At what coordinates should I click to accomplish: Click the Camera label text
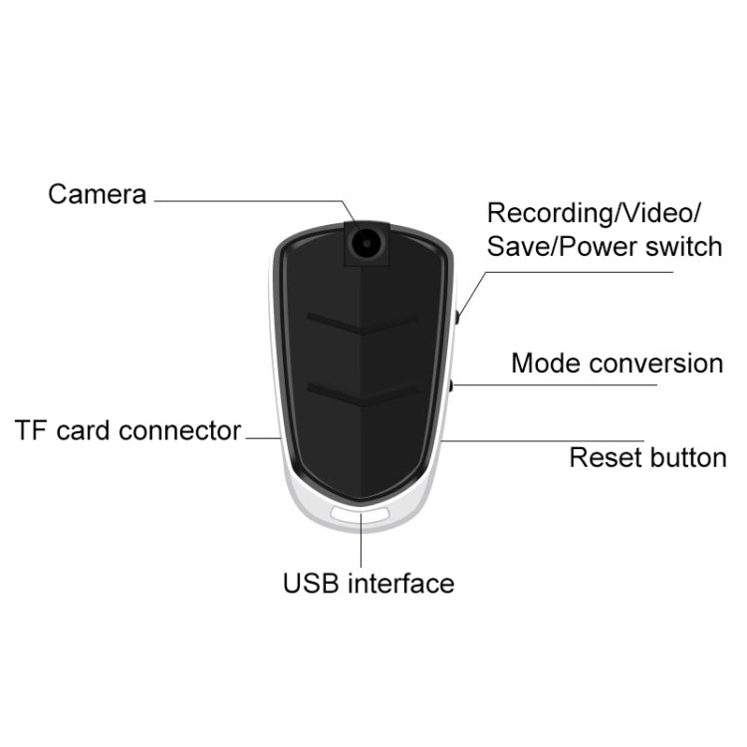(x=98, y=194)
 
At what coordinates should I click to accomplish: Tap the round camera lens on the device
(x=367, y=243)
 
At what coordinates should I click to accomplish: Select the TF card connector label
(x=127, y=430)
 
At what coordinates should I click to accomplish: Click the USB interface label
(x=369, y=583)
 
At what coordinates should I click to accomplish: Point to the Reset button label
(x=648, y=458)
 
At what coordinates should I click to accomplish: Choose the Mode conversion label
(x=617, y=364)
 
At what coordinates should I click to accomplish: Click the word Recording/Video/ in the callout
(x=594, y=212)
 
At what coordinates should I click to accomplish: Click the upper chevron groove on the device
(x=363, y=323)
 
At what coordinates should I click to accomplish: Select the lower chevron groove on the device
(x=363, y=394)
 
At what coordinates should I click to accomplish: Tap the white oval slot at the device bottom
(x=361, y=515)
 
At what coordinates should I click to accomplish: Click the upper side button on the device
(x=457, y=318)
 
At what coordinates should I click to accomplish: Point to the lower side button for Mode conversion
(x=451, y=385)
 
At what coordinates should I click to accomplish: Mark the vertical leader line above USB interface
(x=362, y=540)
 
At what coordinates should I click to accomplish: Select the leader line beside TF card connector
(x=264, y=438)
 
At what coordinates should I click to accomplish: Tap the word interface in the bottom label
(x=401, y=583)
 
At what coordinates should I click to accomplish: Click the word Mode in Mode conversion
(x=547, y=364)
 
